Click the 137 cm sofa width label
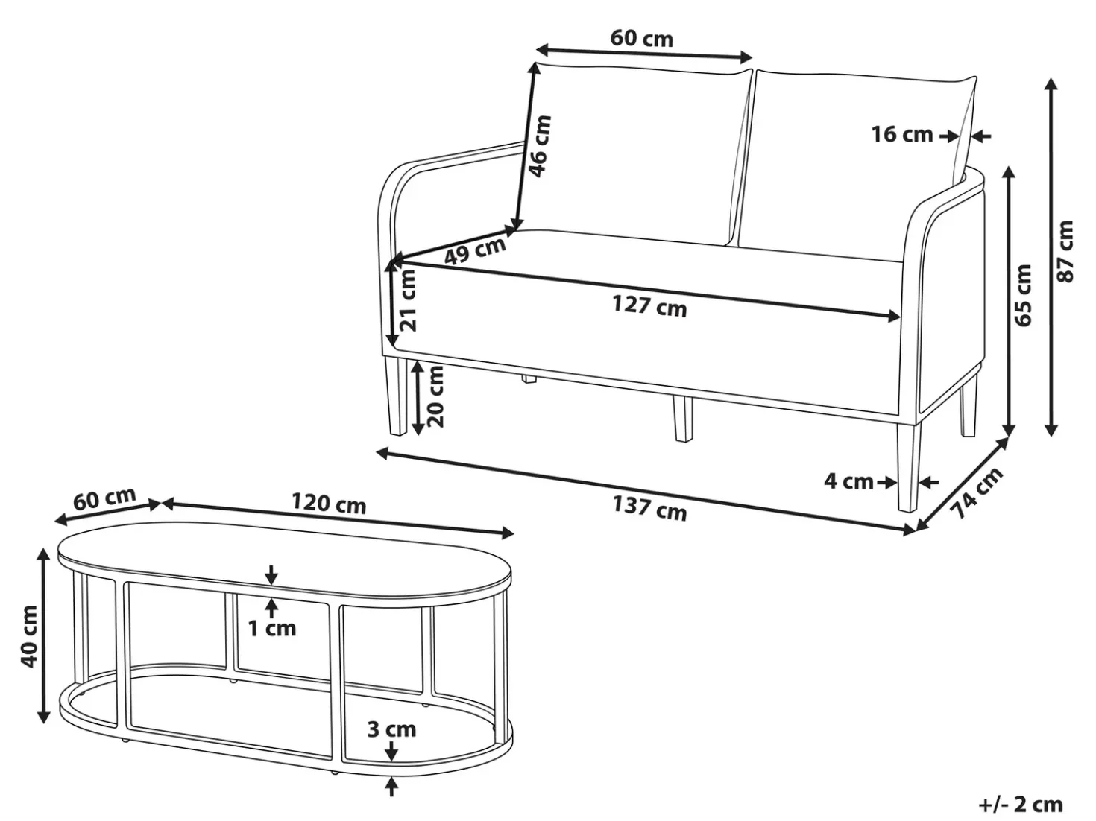coord(649,507)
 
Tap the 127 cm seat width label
coord(649,305)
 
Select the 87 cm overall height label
coord(1065,251)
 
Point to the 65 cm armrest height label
coord(1023,295)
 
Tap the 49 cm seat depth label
coord(475,250)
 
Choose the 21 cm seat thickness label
coord(408,299)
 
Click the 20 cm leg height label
coord(435,396)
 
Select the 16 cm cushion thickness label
coord(902,135)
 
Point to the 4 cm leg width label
coord(848,482)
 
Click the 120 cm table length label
coord(329,504)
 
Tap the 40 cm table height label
coord(29,636)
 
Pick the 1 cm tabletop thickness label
coord(272,629)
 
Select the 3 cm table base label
coord(392,729)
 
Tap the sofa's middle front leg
coord(683,418)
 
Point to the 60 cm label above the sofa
coord(642,39)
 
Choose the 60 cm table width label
coord(104,499)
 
